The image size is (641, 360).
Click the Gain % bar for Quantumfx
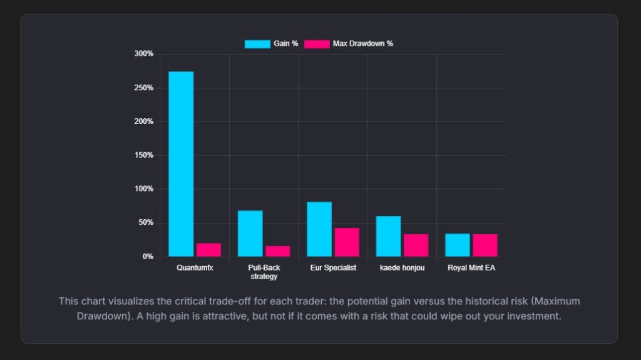(x=181, y=164)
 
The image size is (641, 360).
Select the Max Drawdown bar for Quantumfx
(x=208, y=250)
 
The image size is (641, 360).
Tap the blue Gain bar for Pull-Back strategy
(x=250, y=234)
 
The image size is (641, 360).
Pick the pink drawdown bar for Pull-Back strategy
(x=277, y=251)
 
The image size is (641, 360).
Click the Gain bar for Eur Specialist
(x=319, y=229)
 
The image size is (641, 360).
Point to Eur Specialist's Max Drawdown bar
(x=347, y=242)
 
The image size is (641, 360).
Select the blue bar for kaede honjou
(x=388, y=236)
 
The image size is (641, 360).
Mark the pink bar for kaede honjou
(x=416, y=245)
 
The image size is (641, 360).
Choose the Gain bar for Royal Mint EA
(x=457, y=245)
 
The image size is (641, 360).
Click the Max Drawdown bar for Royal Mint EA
(x=485, y=245)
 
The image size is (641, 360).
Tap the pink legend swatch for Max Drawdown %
(x=317, y=44)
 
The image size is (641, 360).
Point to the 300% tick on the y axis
(x=144, y=54)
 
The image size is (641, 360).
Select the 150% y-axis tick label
(x=144, y=155)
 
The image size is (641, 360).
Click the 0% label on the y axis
(x=148, y=257)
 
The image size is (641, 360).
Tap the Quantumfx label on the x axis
(x=195, y=268)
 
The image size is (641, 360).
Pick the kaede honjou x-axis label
(x=402, y=268)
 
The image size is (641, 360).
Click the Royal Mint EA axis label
(x=471, y=268)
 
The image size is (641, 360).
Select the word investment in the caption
(x=530, y=316)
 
